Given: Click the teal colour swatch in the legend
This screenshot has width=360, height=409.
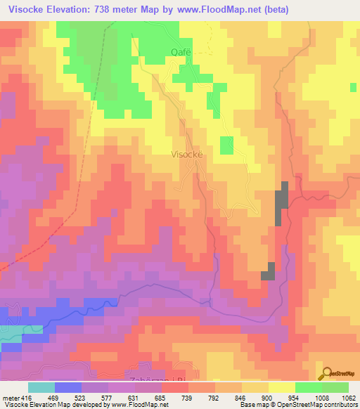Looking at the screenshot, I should pyautogui.click(x=41, y=387).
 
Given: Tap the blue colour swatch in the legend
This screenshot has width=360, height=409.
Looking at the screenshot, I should pyautogui.click(x=68, y=387).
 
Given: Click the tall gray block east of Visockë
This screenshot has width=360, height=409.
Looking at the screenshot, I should pyautogui.click(x=281, y=203).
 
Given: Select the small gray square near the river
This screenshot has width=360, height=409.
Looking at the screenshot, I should pyautogui.click(x=268, y=271).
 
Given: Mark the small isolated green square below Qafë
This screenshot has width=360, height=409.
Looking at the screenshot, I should pyautogui.click(x=226, y=145).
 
